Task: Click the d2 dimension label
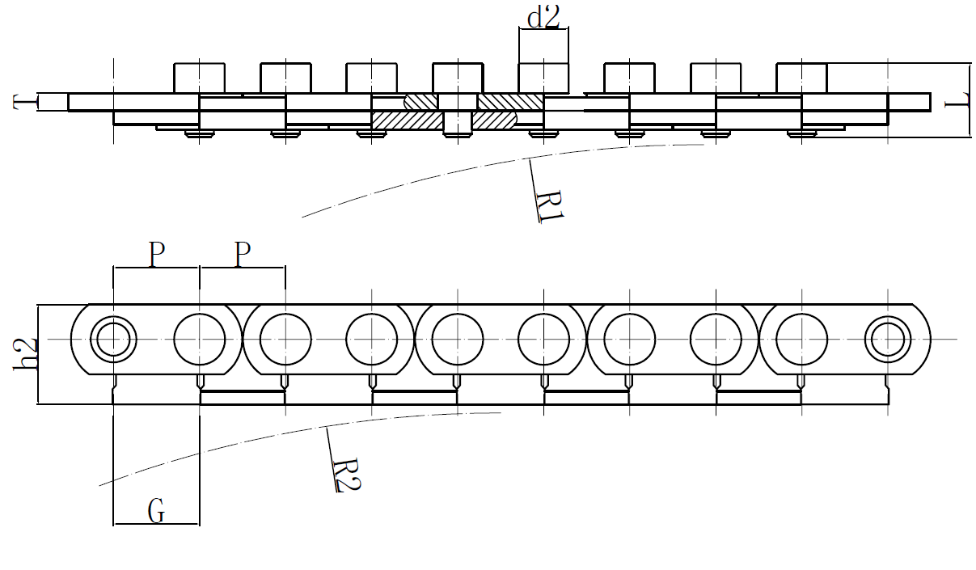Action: (543, 16)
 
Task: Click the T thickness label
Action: (24, 102)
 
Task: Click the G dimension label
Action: (157, 511)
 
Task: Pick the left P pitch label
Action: (156, 255)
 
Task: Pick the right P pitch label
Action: (243, 255)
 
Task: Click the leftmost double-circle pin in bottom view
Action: (113, 338)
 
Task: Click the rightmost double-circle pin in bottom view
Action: (887, 338)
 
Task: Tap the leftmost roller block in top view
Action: (199, 78)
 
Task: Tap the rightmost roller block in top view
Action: (801, 78)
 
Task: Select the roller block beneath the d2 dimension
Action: (543, 78)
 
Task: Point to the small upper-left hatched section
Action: (420, 102)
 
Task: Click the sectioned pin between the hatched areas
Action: (457, 113)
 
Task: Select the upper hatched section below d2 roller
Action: (509, 102)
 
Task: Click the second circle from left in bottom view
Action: (199, 338)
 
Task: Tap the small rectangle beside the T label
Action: (53, 102)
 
